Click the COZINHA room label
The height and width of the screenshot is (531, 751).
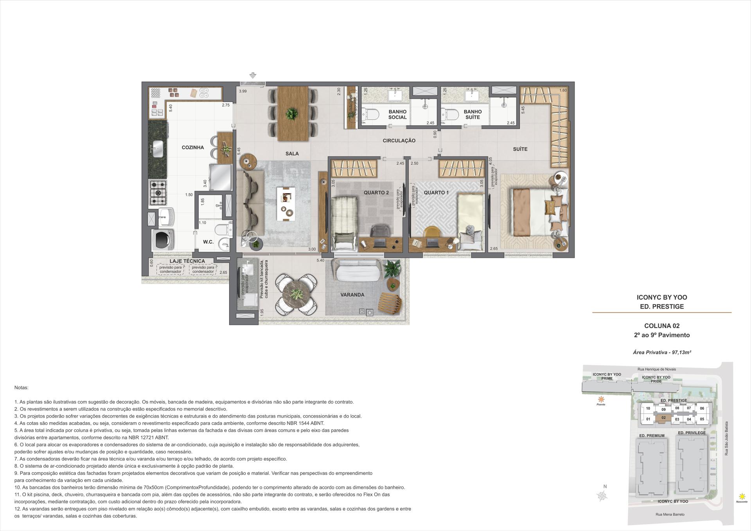tap(192, 147)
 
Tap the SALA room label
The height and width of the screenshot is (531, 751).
tap(292, 154)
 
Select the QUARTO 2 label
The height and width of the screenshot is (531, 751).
tap(376, 192)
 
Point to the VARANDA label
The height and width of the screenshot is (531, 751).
tap(352, 295)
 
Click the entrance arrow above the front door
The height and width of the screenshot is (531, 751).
tap(253, 76)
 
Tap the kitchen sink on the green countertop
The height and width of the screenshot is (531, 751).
tap(158, 149)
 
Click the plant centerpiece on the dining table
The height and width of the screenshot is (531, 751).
tap(291, 114)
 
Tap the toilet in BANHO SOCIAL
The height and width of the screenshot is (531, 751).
tap(370, 115)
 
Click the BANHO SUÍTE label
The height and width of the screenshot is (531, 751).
tap(473, 114)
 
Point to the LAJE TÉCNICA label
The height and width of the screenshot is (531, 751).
tap(187, 261)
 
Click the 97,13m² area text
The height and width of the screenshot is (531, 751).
tap(681, 352)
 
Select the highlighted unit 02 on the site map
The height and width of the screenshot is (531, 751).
tap(663, 418)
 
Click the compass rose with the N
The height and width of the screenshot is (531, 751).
tap(603, 496)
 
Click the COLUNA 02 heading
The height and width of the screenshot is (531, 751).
tap(662, 326)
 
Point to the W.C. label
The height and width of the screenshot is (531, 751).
tap(208, 242)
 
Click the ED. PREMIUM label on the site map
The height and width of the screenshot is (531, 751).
tap(652, 436)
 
